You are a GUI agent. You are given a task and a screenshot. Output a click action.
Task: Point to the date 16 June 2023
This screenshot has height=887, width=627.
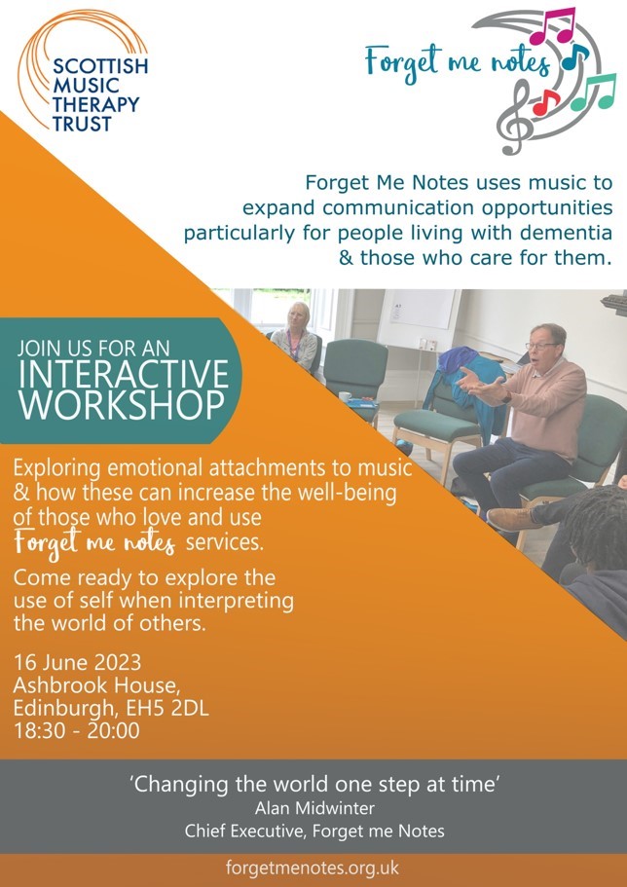click(77, 663)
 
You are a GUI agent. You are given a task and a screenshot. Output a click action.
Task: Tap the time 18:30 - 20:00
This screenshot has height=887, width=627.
click(76, 729)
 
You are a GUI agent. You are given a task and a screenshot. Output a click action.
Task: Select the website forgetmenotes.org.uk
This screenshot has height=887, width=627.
click(313, 869)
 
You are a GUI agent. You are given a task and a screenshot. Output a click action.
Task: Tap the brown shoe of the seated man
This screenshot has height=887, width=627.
click(506, 519)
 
